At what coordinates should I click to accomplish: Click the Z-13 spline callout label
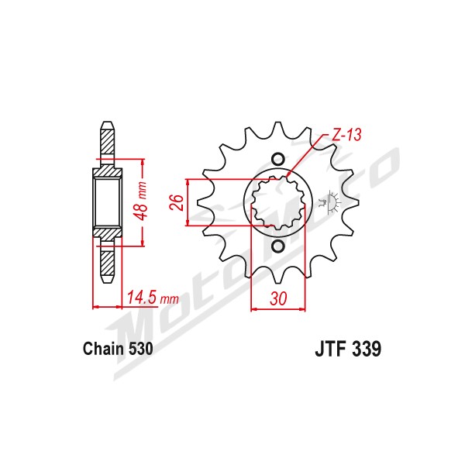[x=346, y=135]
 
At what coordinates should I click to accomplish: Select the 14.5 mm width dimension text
[x=153, y=298]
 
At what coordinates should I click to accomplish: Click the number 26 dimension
[x=177, y=202]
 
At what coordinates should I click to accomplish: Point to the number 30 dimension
[x=278, y=298]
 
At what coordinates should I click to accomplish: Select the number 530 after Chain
[x=141, y=349]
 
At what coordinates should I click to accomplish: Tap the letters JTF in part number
[x=331, y=349]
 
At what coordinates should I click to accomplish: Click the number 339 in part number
[x=367, y=349]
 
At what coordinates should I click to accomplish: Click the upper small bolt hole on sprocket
[x=278, y=160]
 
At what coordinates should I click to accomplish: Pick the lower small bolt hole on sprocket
[x=278, y=246]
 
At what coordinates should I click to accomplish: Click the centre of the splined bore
[x=278, y=203]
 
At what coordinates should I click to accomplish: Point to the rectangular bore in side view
[x=108, y=203]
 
